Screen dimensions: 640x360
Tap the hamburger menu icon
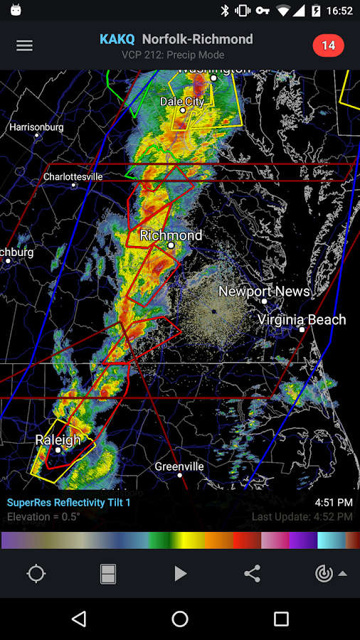24,46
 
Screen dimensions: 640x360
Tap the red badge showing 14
328,46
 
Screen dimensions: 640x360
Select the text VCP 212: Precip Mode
173,55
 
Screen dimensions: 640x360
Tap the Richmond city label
171,235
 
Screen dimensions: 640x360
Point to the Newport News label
264,292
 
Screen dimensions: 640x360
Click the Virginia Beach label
302,320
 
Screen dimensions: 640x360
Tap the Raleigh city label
58,441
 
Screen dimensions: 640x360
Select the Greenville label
179,466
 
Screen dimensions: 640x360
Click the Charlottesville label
73,176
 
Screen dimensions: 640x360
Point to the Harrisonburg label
36,127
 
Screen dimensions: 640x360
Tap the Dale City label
182,102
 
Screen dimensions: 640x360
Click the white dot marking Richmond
171,245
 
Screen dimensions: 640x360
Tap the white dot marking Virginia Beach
302,329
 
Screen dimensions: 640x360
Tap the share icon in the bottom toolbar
252,574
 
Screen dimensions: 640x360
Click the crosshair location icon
36,574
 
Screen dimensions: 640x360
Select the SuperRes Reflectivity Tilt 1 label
68,503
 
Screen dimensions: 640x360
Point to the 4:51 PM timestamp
333,503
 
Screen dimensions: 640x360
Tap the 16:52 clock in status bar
339,11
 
